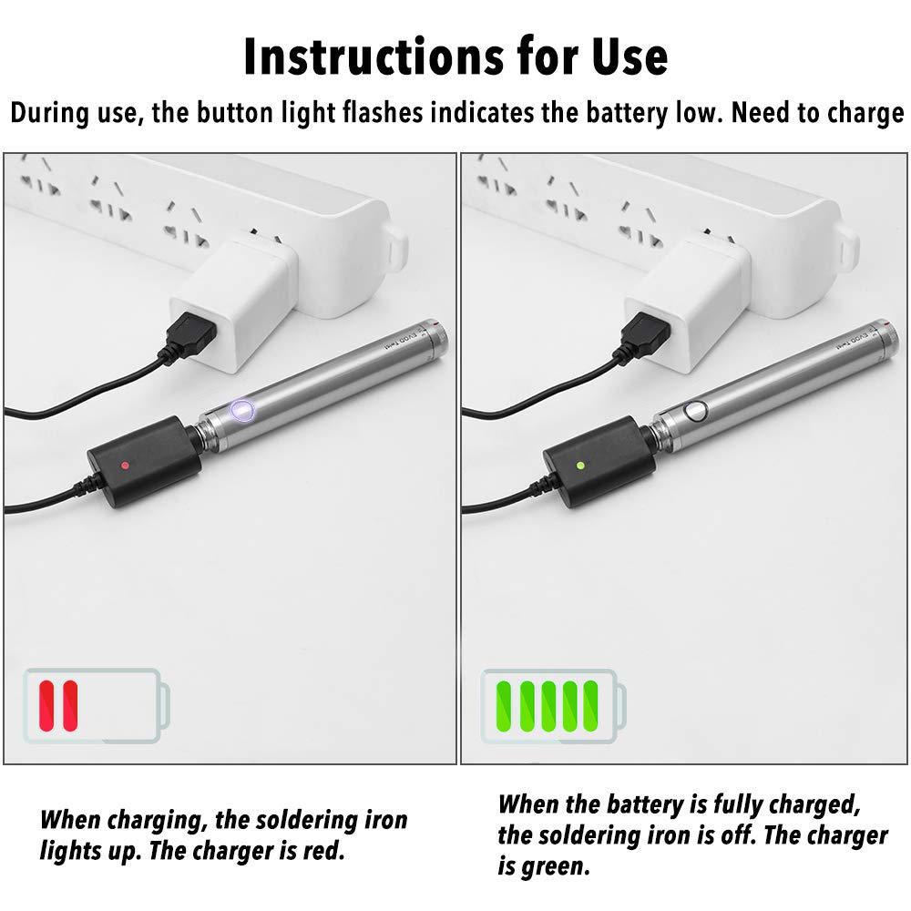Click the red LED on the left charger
click(x=125, y=464)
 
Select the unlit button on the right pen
click(x=697, y=411)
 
